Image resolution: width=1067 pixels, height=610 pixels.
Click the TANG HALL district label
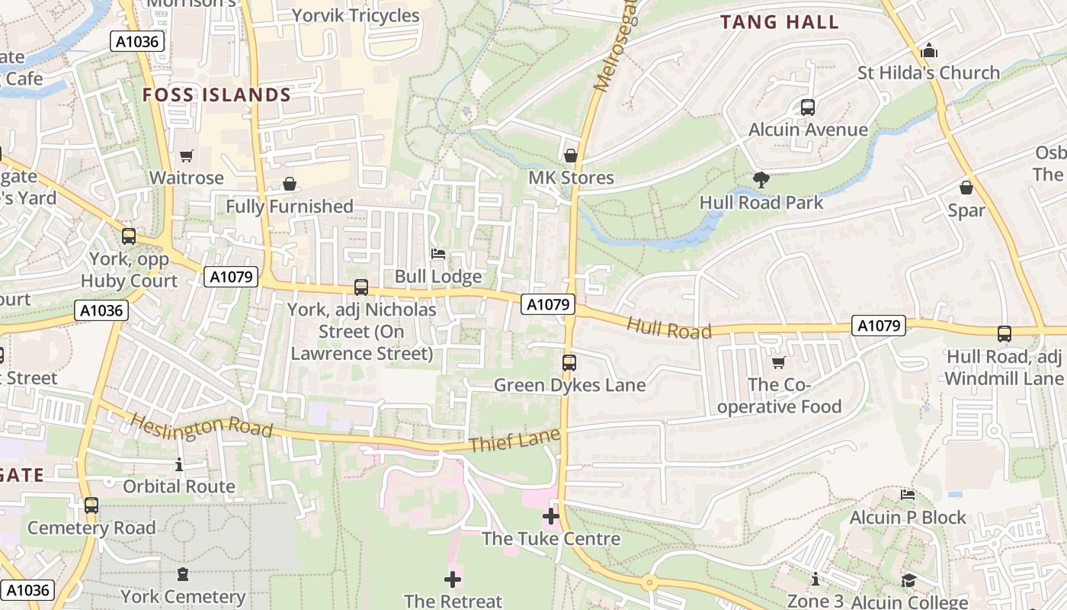tap(780, 22)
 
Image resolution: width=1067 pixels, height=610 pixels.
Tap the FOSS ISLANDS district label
tap(217, 95)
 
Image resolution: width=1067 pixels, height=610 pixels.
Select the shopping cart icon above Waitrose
tap(187, 156)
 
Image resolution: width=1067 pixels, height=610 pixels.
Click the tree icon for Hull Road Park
tap(761, 181)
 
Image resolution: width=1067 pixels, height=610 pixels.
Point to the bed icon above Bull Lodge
tap(438, 254)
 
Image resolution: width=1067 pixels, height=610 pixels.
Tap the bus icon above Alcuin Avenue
tap(808, 108)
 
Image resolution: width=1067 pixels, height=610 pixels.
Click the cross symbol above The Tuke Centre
tap(550, 516)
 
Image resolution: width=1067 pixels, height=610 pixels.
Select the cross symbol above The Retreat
tap(453, 579)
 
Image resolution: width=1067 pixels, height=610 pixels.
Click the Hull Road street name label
tap(669, 329)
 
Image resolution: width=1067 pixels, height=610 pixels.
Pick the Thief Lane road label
tap(515, 441)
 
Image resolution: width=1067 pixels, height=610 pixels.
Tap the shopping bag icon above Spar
tap(966, 188)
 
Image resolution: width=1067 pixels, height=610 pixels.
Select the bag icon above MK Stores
tap(570, 156)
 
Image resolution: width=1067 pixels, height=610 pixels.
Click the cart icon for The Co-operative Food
tap(778, 363)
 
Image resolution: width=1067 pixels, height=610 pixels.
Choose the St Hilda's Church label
tap(928, 73)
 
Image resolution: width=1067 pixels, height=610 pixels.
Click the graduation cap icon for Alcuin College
tap(908, 581)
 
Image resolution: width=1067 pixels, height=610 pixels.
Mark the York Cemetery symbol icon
tap(183, 574)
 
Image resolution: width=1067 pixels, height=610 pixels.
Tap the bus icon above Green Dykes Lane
tap(569, 363)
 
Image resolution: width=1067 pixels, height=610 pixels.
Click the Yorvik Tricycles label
tap(356, 16)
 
